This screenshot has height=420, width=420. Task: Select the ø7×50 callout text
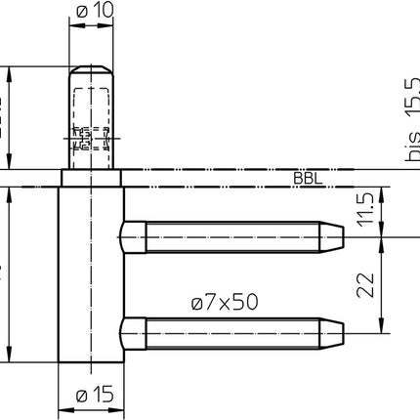[225, 303]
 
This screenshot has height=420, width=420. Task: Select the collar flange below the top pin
[92, 179]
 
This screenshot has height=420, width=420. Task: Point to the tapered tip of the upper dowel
[336, 235]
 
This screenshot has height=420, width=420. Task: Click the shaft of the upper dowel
[234, 235]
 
